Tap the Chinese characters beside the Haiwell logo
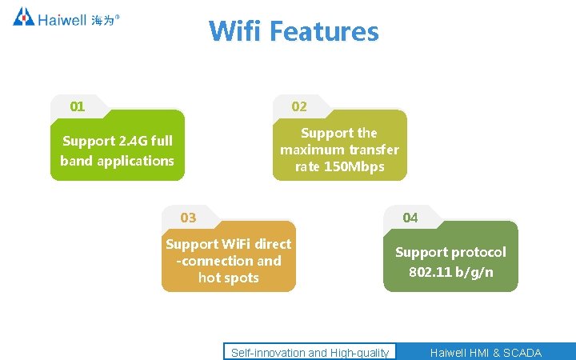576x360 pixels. pyautogui.click(x=103, y=19)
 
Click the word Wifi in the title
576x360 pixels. pyautogui.click(x=236, y=31)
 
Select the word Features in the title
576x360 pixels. pyautogui.click(x=324, y=31)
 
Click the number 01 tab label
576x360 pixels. pyautogui.click(x=78, y=106)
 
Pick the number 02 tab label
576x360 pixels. pyautogui.click(x=299, y=106)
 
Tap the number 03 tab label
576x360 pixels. pyautogui.click(x=188, y=218)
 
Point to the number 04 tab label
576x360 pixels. pyautogui.click(x=410, y=218)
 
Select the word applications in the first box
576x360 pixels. pyautogui.click(x=135, y=161)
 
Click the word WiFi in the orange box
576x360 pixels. pyautogui.click(x=236, y=244)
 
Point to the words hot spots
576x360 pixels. pyautogui.click(x=229, y=278)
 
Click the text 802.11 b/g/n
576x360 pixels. pyautogui.click(x=451, y=272)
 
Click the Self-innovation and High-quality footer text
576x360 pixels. pyautogui.click(x=310, y=353)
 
